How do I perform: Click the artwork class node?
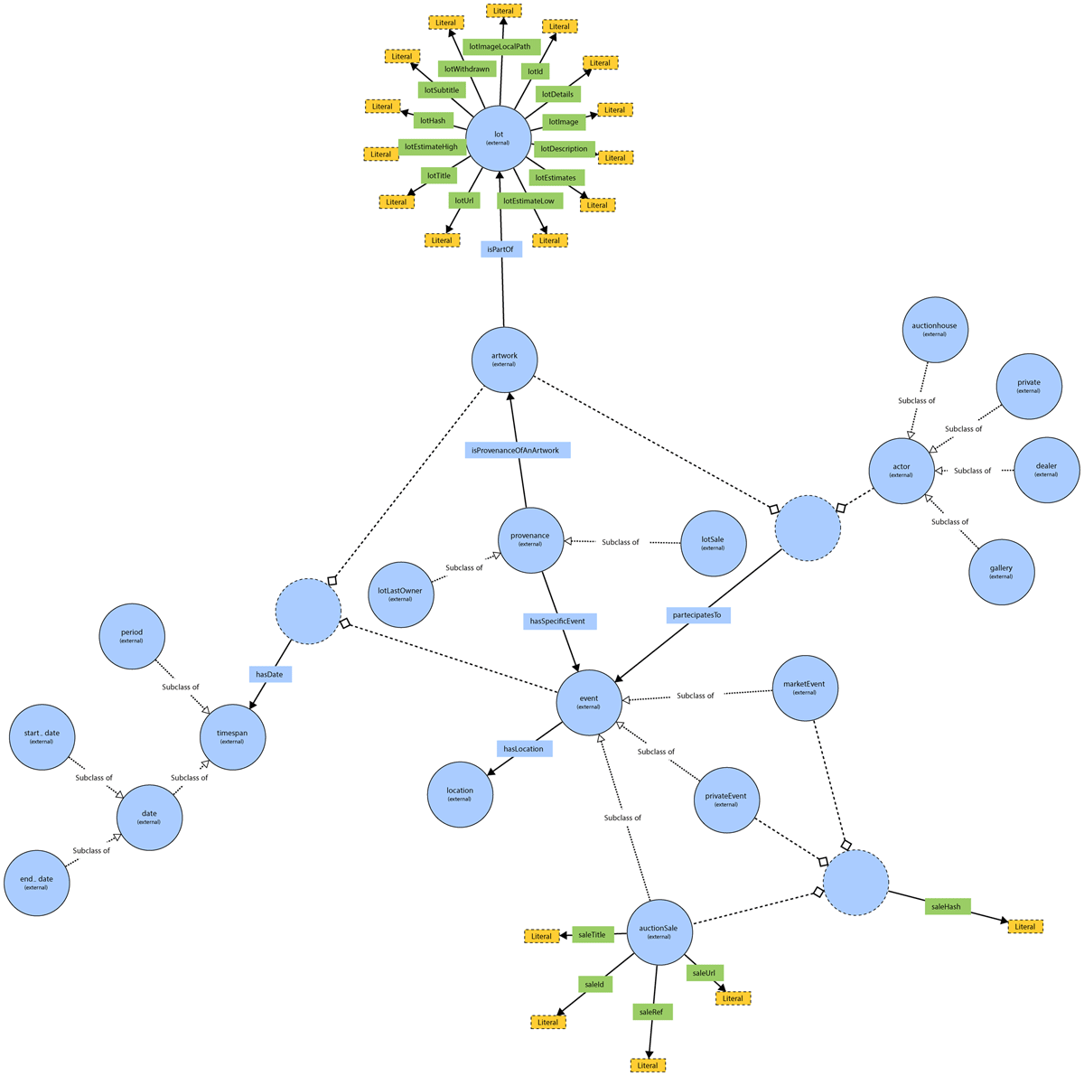504,360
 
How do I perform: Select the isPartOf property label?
500,248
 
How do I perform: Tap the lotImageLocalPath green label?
501,46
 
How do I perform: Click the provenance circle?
530,539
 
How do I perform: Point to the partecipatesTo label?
699,615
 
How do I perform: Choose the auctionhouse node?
934,330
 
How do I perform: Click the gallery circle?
1001,572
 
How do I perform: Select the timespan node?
232,737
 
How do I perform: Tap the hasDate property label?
269,674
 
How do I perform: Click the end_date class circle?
36,883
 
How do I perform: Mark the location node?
459,794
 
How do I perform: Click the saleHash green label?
947,906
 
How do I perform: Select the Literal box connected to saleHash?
1025,926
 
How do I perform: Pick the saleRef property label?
651,1012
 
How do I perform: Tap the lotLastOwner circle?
400,594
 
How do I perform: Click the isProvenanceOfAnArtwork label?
518,450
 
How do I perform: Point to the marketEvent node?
805,688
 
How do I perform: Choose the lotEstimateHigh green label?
432,146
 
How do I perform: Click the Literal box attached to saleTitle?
541,936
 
